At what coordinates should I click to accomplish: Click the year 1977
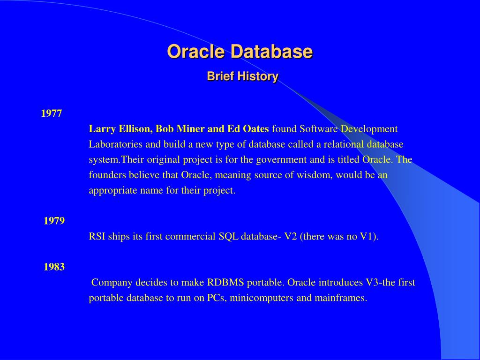coord(52,113)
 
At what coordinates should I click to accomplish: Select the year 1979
coord(54,221)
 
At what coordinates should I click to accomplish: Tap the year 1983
coord(54,267)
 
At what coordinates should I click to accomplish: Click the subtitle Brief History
coord(243,76)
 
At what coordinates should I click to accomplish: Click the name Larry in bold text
coord(102,129)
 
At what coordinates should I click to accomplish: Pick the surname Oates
coord(255,129)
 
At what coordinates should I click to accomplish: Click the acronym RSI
coord(97,236)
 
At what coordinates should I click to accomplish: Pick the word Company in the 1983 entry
coord(112,283)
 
